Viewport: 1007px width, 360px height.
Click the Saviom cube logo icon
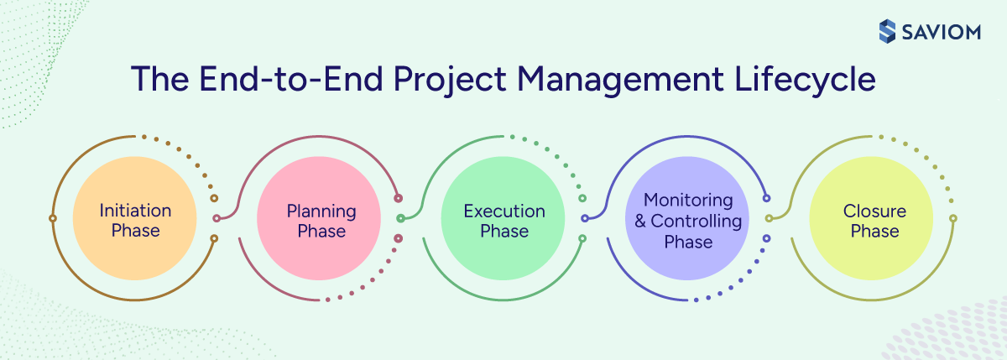tap(888, 32)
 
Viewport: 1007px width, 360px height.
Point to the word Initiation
tap(135, 211)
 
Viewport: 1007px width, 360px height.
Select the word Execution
tap(504, 211)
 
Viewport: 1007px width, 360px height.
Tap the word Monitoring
tap(688, 201)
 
